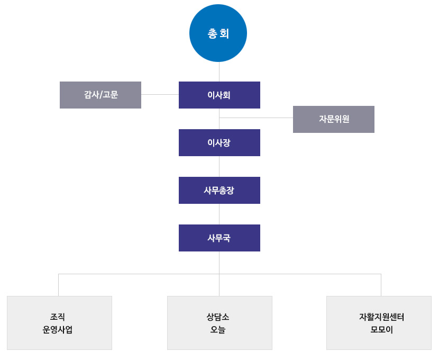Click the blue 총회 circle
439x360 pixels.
218,33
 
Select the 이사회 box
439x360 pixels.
219,95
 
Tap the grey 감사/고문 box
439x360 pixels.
100,95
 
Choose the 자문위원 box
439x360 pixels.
334,119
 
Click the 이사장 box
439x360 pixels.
219,142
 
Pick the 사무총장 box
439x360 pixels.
219,190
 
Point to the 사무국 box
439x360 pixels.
219,238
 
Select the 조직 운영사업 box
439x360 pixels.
59,323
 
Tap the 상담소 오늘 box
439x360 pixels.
219,323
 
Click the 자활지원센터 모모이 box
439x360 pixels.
379,323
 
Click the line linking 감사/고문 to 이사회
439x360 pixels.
160,94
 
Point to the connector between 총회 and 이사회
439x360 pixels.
219,72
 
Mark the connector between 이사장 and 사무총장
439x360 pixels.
219,166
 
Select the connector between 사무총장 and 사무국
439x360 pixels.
219,214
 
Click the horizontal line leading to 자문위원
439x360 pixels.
256,118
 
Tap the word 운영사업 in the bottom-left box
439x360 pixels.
58,330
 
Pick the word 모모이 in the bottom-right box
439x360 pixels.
381,330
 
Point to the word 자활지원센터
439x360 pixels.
381,317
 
